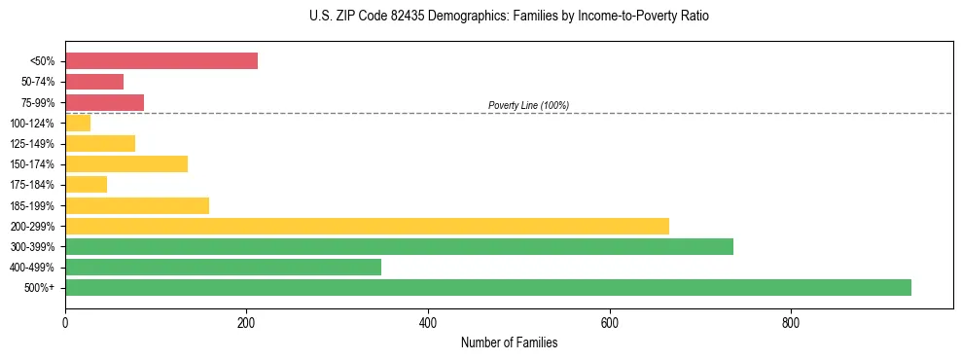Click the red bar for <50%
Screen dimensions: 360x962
tap(161, 61)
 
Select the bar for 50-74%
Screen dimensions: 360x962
tap(94, 82)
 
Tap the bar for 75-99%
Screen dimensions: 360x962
tap(104, 102)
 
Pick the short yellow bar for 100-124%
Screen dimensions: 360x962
tap(78, 123)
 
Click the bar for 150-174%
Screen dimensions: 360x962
tap(126, 163)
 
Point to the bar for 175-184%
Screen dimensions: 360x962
tap(86, 184)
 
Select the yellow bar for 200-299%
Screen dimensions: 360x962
tap(367, 226)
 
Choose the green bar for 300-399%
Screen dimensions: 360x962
tap(399, 246)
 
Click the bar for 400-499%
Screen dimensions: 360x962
tap(223, 267)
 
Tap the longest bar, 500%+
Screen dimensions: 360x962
tap(488, 287)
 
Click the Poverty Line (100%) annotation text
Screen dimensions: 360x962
tap(528, 105)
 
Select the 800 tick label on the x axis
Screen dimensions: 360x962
tap(791, 322)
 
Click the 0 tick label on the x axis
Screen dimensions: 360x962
tap(65, 322)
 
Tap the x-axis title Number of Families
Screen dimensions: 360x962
tap(509, 342)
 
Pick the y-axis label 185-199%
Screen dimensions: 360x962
tap(32, 205)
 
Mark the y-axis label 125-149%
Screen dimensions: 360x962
tap(32, 144)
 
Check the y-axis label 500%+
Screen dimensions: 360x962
tap(41, 288)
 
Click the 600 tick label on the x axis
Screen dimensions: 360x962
tap(610, 322)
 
